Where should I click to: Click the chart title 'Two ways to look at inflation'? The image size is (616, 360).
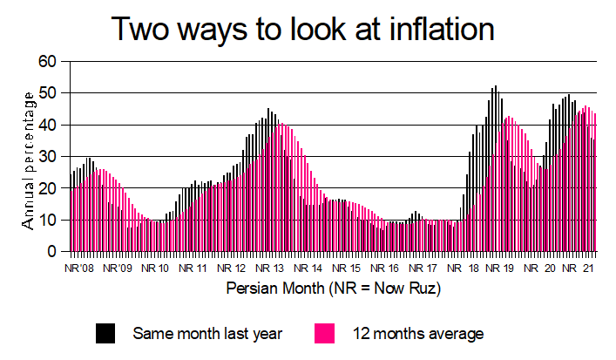pos(303,30)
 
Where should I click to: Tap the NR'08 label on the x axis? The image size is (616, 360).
pos(79,268)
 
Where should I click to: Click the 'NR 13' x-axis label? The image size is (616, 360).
pos(273,268)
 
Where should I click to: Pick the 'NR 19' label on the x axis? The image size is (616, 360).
pos(501,268)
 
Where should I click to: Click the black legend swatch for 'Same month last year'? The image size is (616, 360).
pos(105,332)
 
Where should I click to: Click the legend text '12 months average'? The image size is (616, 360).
pos(418,333)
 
